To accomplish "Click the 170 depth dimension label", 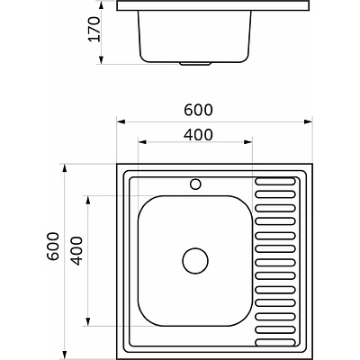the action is [x=94, y=29].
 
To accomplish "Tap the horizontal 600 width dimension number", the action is [x=198, y=110].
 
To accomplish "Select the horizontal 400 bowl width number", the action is [x=198, y=135].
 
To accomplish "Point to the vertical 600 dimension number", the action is [x=53, y=247].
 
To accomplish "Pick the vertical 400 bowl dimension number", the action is [x=76, y=251].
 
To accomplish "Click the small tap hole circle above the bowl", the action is [x=195, y=184].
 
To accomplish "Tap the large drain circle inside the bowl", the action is [x=195, y=261].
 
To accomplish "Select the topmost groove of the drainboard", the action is [x=275, y=181].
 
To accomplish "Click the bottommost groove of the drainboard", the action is [x=275, y=342].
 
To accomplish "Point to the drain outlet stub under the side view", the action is [x=195, y=64].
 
